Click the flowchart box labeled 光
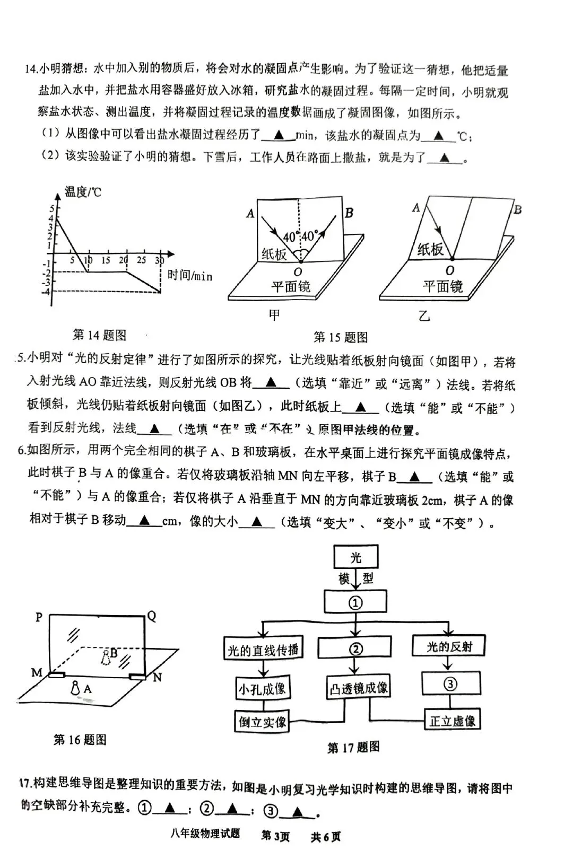[355, 557]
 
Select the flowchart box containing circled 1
[355, 602]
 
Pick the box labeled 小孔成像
[262, 689]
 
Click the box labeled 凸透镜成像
[359, 688]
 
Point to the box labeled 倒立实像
[263, 721]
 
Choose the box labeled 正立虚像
[452, 721]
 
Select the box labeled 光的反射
[449, 646]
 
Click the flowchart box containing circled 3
[450, 684]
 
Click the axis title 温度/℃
[83, 191]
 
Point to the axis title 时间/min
[190, 275]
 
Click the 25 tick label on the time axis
[141, 260]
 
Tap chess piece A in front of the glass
[76, 688]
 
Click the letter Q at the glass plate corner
[152, 616]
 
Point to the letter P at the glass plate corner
[39, 617]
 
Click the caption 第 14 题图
[99, 335]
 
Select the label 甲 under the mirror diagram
[274, 315]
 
